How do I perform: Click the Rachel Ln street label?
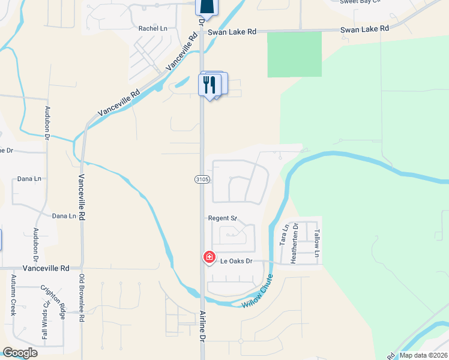(x=153, y=28)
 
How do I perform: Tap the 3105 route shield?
(x=201, y=179)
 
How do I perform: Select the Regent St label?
(x=223, y=218)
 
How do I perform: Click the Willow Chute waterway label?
(x=258, y=292)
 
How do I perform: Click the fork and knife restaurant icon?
(x=209, y=84)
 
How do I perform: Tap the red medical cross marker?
(x=209, y=257)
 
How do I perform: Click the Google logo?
(x=20, y=353)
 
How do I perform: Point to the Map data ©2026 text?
(x=423, y=355)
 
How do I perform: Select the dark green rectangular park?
(x=294, y=54)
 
